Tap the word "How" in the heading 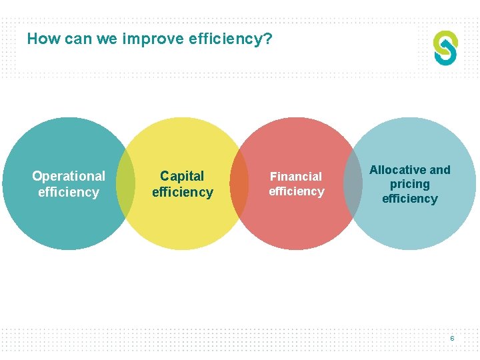click(43, 39)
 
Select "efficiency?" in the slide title click(231, 39)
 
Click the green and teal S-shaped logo click(445, 47)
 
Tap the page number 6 click(452, 339)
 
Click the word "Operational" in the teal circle click(69, 176)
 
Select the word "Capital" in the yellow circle click(182, 176)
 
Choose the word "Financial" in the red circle click(295, 177)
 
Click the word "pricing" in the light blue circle click(410, 184)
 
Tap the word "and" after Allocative click(440, 170)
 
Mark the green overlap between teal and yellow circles click(125, 183)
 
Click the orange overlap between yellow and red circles click(239, 183)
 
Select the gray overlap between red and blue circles click(353, 183)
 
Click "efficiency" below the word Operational click(69, 192)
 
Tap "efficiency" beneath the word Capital click(182, 192)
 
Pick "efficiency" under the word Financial click(296, 191)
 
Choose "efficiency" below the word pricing click(410, 199)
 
